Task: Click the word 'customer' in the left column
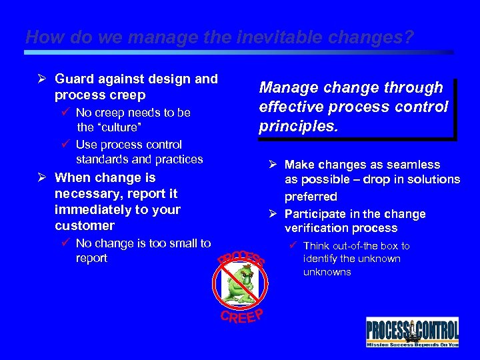(x=84, y=225)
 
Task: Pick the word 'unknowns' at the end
(x=327, y=272)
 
